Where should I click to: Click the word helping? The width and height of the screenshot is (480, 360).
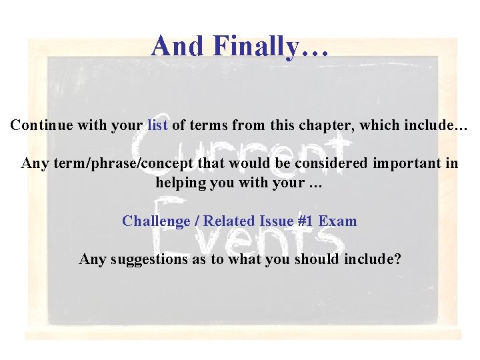click(x=181, y=183)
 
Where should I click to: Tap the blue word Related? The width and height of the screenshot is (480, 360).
click(x=229, y=221)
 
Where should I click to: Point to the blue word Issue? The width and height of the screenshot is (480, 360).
click(x=277, y=221)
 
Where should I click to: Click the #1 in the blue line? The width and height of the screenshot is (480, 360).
click(x=307, y=221)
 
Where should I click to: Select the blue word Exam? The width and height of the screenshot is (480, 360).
click(x=338, y=221)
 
